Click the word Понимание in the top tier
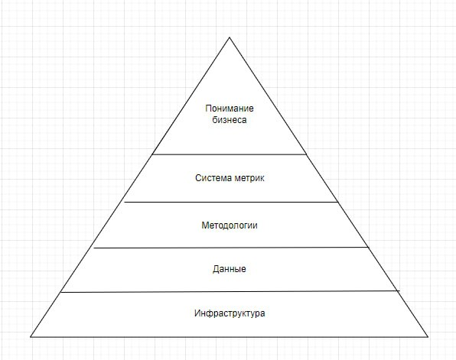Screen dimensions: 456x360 tap(230, 109)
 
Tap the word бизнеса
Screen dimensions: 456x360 tap(230, 120)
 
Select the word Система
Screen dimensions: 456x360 tap(213, 178)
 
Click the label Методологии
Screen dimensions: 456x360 tap(230, 225)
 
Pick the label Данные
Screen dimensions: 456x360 tap(230, 269)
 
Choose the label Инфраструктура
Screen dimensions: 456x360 tap(230, 313)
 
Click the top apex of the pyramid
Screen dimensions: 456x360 tap(230, 37)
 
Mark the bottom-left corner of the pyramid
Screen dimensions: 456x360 tap(31, 337)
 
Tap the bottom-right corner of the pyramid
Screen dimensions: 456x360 tap(428, 337)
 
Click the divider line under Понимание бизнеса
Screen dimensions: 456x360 tap(230, 154)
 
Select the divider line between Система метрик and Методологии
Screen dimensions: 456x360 tap(231, 202)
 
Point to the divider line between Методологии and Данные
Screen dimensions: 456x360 tap(231, 248)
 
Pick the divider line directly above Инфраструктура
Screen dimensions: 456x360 tap(230, 291)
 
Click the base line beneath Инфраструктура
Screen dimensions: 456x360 tap(230, 337)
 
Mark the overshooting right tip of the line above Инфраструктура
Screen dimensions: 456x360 tap(400, 290)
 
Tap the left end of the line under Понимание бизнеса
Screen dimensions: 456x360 tap(152, 154)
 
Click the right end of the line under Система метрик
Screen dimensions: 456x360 tap(338, 202)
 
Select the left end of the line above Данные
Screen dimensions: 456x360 tap(94, 248)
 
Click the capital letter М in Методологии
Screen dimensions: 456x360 tap(205, 225)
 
